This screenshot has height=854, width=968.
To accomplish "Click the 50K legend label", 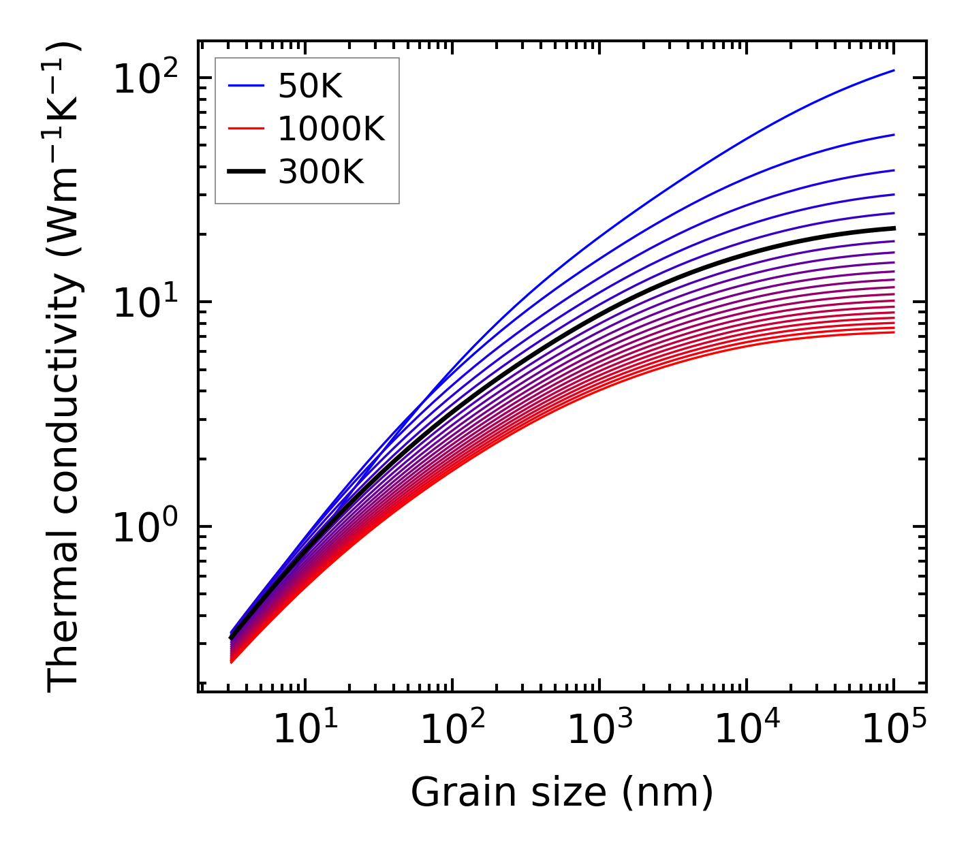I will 310,86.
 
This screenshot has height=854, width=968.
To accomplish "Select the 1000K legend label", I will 331,129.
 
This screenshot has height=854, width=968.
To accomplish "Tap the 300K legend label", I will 321,172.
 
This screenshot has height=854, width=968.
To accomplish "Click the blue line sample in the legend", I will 245,86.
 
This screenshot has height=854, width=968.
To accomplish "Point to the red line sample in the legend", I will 245,129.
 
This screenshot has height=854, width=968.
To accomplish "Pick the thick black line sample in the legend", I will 245,172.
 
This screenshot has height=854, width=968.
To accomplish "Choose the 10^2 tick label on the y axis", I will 144,78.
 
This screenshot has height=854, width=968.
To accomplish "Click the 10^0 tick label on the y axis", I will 144,527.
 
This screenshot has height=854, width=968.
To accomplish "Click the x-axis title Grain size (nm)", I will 562,793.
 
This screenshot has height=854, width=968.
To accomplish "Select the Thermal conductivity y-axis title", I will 65,368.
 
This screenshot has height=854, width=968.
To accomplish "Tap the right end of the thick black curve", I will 893,228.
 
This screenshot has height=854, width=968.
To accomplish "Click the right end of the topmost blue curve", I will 893,70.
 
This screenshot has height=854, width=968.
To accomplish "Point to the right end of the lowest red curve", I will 893,332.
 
